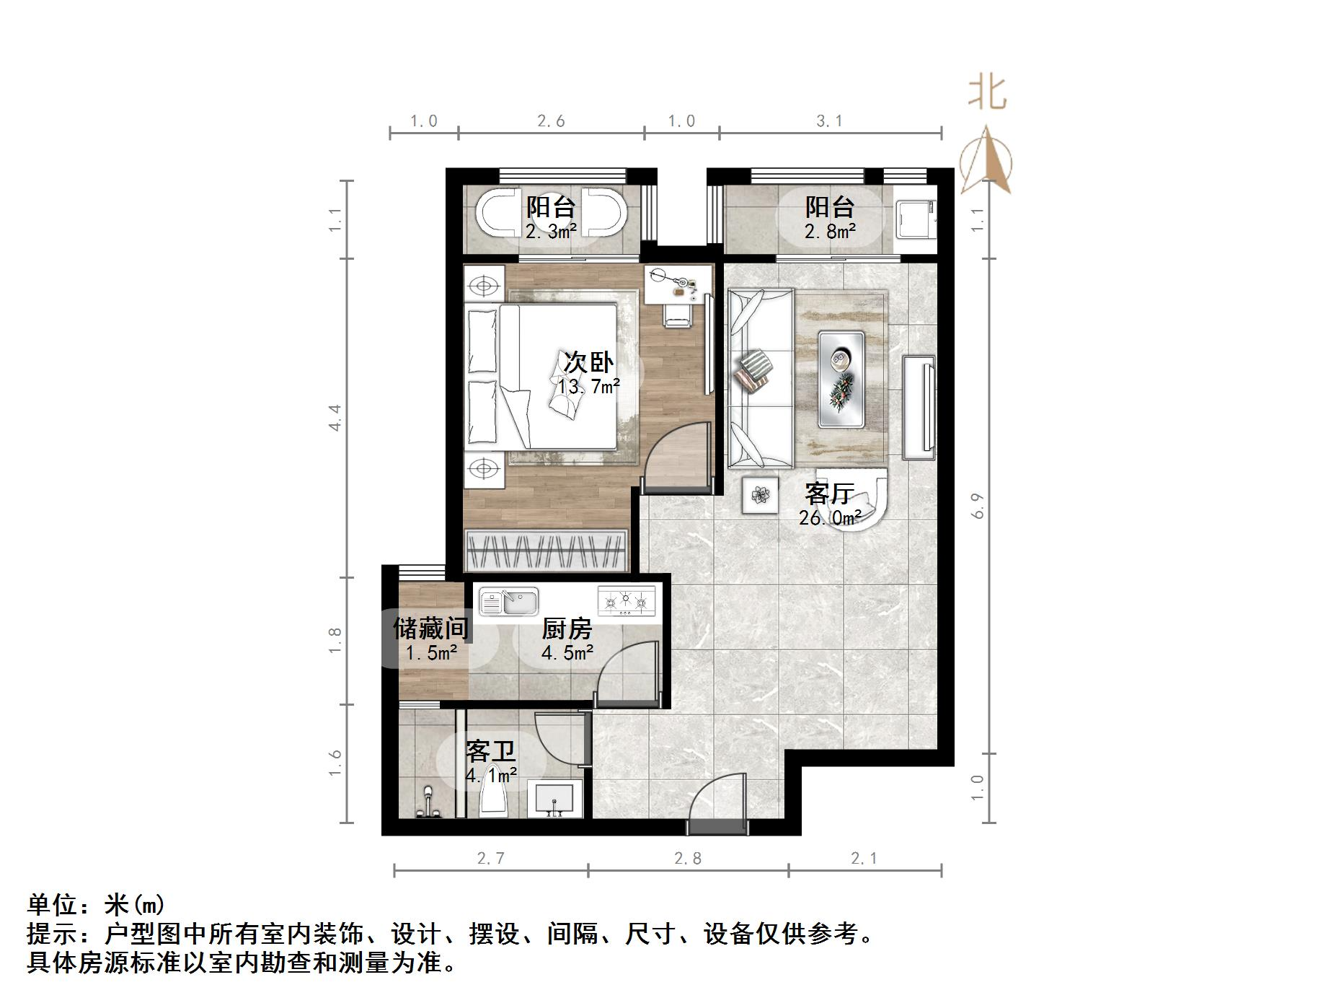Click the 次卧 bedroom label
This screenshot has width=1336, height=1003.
[x=588, y=362]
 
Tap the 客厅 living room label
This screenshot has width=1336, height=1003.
[x=829, y=494]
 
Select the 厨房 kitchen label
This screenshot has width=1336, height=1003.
[x=567, y=629]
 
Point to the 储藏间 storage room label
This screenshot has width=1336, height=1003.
[x=430, y=628]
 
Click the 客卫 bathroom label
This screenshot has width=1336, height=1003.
[x=491, y=752]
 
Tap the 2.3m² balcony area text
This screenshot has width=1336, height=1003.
[x=551, y=232]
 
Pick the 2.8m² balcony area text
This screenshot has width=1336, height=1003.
[x=830, y=232]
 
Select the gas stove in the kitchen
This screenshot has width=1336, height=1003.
[x=626, y=601]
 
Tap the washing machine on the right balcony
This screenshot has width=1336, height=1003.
[x=915, y=217]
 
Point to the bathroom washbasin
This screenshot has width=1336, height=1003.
[x=554, y=800]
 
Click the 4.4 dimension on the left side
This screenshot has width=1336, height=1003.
[x=335, y=417]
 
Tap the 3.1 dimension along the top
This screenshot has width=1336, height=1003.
[x=829, y=121]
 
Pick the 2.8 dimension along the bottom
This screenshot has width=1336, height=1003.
[x=688, y=859]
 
